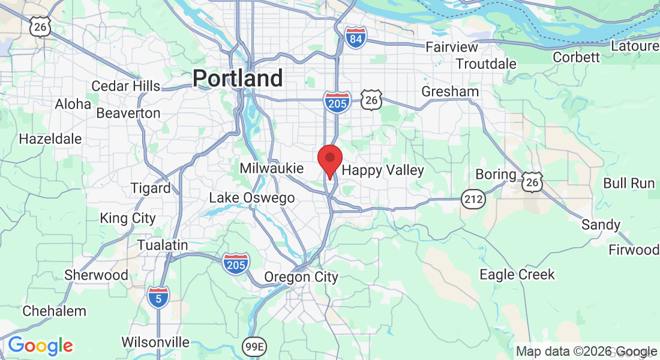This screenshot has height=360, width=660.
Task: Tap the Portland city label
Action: (x=238, y=79)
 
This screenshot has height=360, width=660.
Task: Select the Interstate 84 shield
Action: (x=356, y=38)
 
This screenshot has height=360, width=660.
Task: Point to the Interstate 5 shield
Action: (x=158, y=296)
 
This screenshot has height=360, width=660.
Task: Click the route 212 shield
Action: (x=473, y=199)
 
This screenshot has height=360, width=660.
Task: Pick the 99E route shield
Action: (x=254, y=347)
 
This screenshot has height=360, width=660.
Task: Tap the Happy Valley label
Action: (x=383, y=170)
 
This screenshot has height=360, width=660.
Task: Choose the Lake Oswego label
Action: (x=252, y=198)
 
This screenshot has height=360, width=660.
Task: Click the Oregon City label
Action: (x=301, y=277)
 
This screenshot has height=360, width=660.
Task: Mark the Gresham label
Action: (x=450, y=92)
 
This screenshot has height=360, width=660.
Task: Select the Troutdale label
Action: (x=486, y=64)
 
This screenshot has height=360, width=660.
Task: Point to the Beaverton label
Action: (x=128, y=113)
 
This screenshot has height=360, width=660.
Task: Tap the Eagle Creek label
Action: (x=517, y=275)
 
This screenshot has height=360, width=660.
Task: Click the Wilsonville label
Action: (x=155, y=343)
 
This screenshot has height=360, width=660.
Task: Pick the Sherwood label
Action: (x=97, y=275)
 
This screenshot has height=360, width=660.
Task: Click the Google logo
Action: (x=40, y=346)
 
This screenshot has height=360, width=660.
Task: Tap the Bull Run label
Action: (x=629, y=183)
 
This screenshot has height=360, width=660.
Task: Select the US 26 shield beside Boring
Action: (x=532, y=182)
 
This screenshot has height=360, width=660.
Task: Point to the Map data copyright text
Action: (x=587, y=352)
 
